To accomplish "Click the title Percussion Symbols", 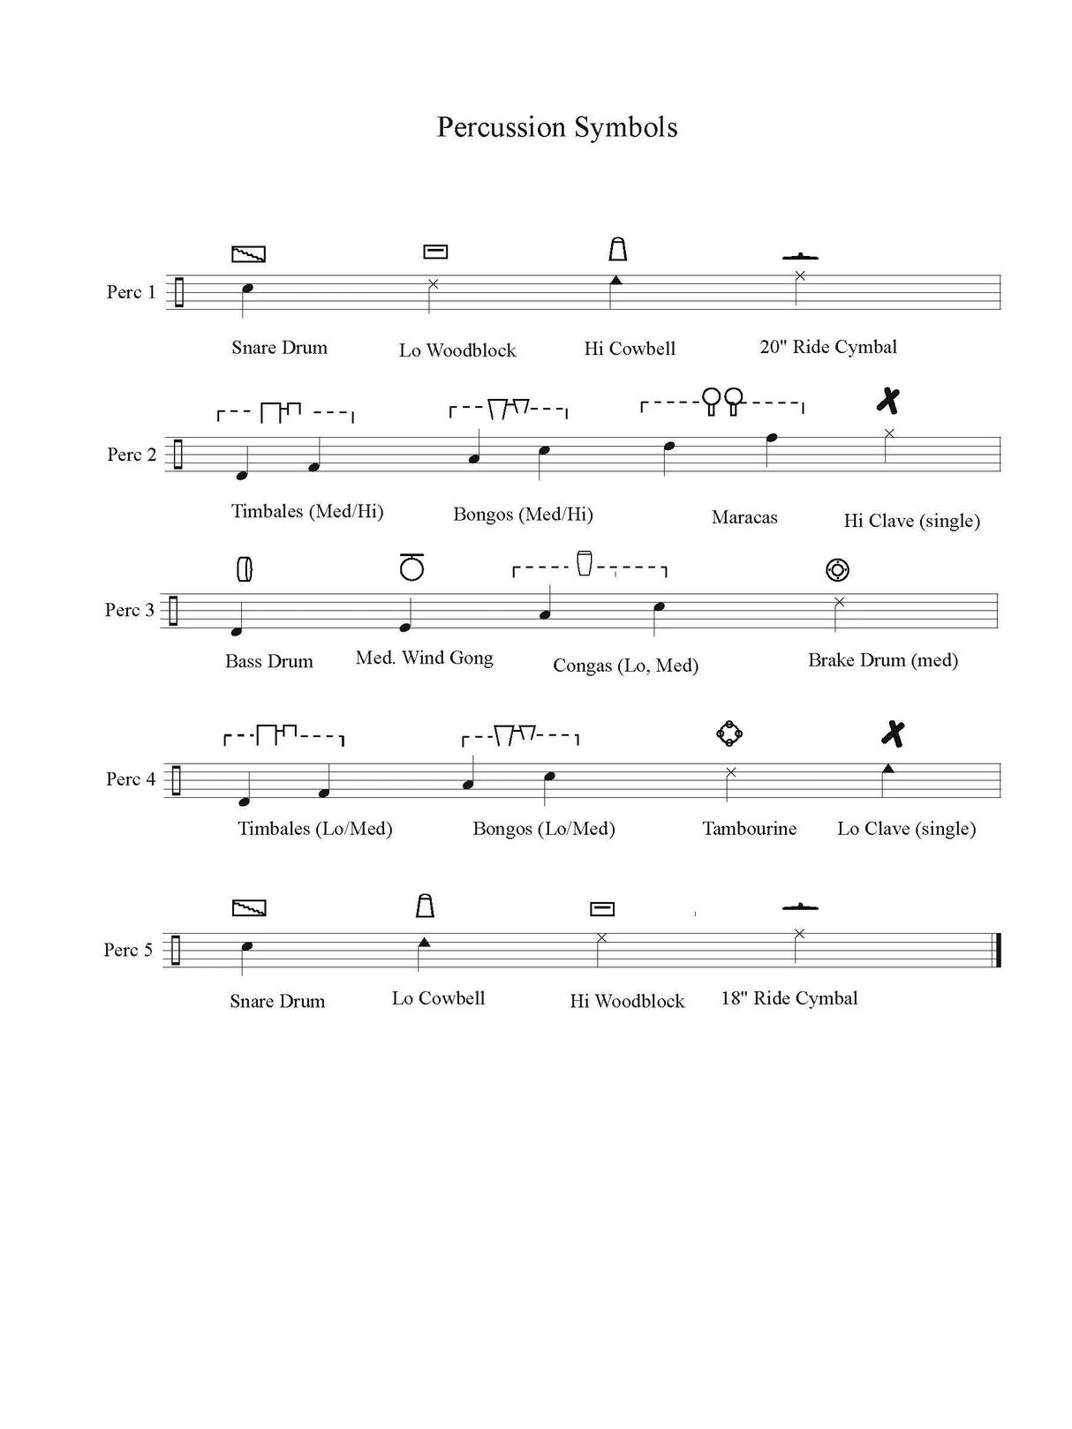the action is coord(557,128).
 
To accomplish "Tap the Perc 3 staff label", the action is coord(130,610).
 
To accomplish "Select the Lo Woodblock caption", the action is coord(457,350).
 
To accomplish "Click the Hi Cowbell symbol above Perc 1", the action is coord(617,249).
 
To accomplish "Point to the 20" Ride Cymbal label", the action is coord(827,347).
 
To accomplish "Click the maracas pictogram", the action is coord(722,401).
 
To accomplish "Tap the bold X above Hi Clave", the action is coord(888,401).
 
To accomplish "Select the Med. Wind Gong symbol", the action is coord(411,567).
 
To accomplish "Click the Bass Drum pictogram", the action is coord(245,569).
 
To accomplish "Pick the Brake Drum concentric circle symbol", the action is coord(837,570).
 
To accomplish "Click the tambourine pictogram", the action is coord(729,733).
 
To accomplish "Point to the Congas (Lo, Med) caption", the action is coord(625,666).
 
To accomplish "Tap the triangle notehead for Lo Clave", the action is coord(887,769).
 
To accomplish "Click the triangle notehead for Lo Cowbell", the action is coord(424,942).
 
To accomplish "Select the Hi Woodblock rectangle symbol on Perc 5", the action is coord(601,909).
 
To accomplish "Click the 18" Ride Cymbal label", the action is coord(789,998).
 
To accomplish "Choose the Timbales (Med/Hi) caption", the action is coord(307,511).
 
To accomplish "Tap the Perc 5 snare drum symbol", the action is coord(249,907).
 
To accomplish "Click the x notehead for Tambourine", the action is coord(731,772).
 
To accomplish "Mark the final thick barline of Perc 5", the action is coord(999,950).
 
